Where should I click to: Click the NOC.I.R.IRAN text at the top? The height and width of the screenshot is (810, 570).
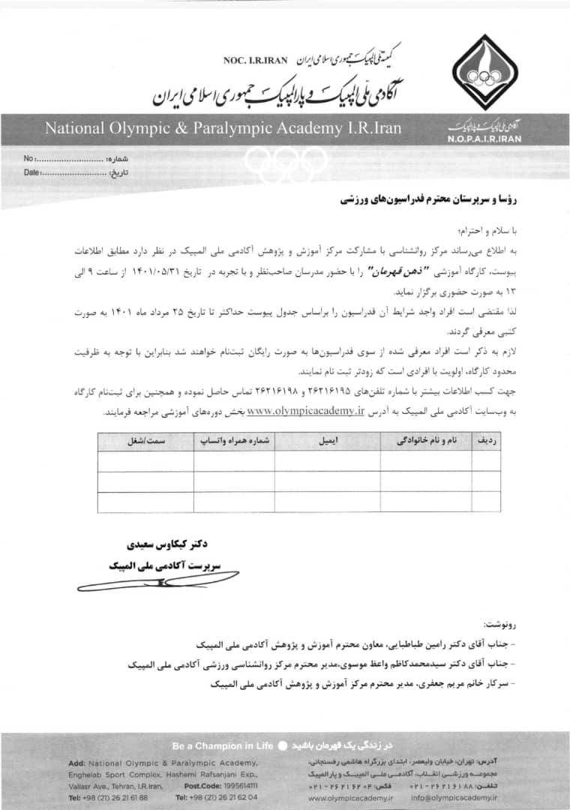coord(256,60)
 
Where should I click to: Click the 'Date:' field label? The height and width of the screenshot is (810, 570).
coord(32,172)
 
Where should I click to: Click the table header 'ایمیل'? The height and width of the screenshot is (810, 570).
coord(328,441)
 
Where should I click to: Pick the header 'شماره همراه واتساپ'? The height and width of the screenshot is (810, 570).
coord(233,441)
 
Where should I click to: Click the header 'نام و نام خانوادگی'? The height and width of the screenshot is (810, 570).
coord(425,441)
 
